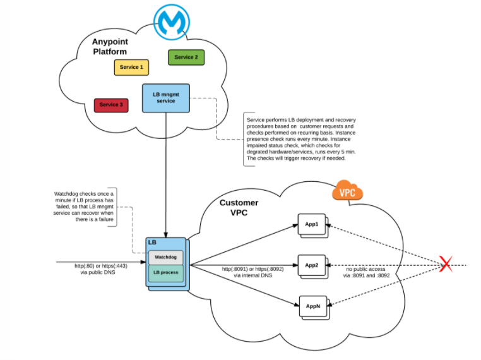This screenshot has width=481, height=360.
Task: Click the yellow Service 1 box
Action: (131, 67)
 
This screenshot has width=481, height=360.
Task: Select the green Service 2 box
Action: (186, 57)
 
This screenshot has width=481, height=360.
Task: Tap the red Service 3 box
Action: (111, 105)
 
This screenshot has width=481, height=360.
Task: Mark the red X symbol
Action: (446, 265)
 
